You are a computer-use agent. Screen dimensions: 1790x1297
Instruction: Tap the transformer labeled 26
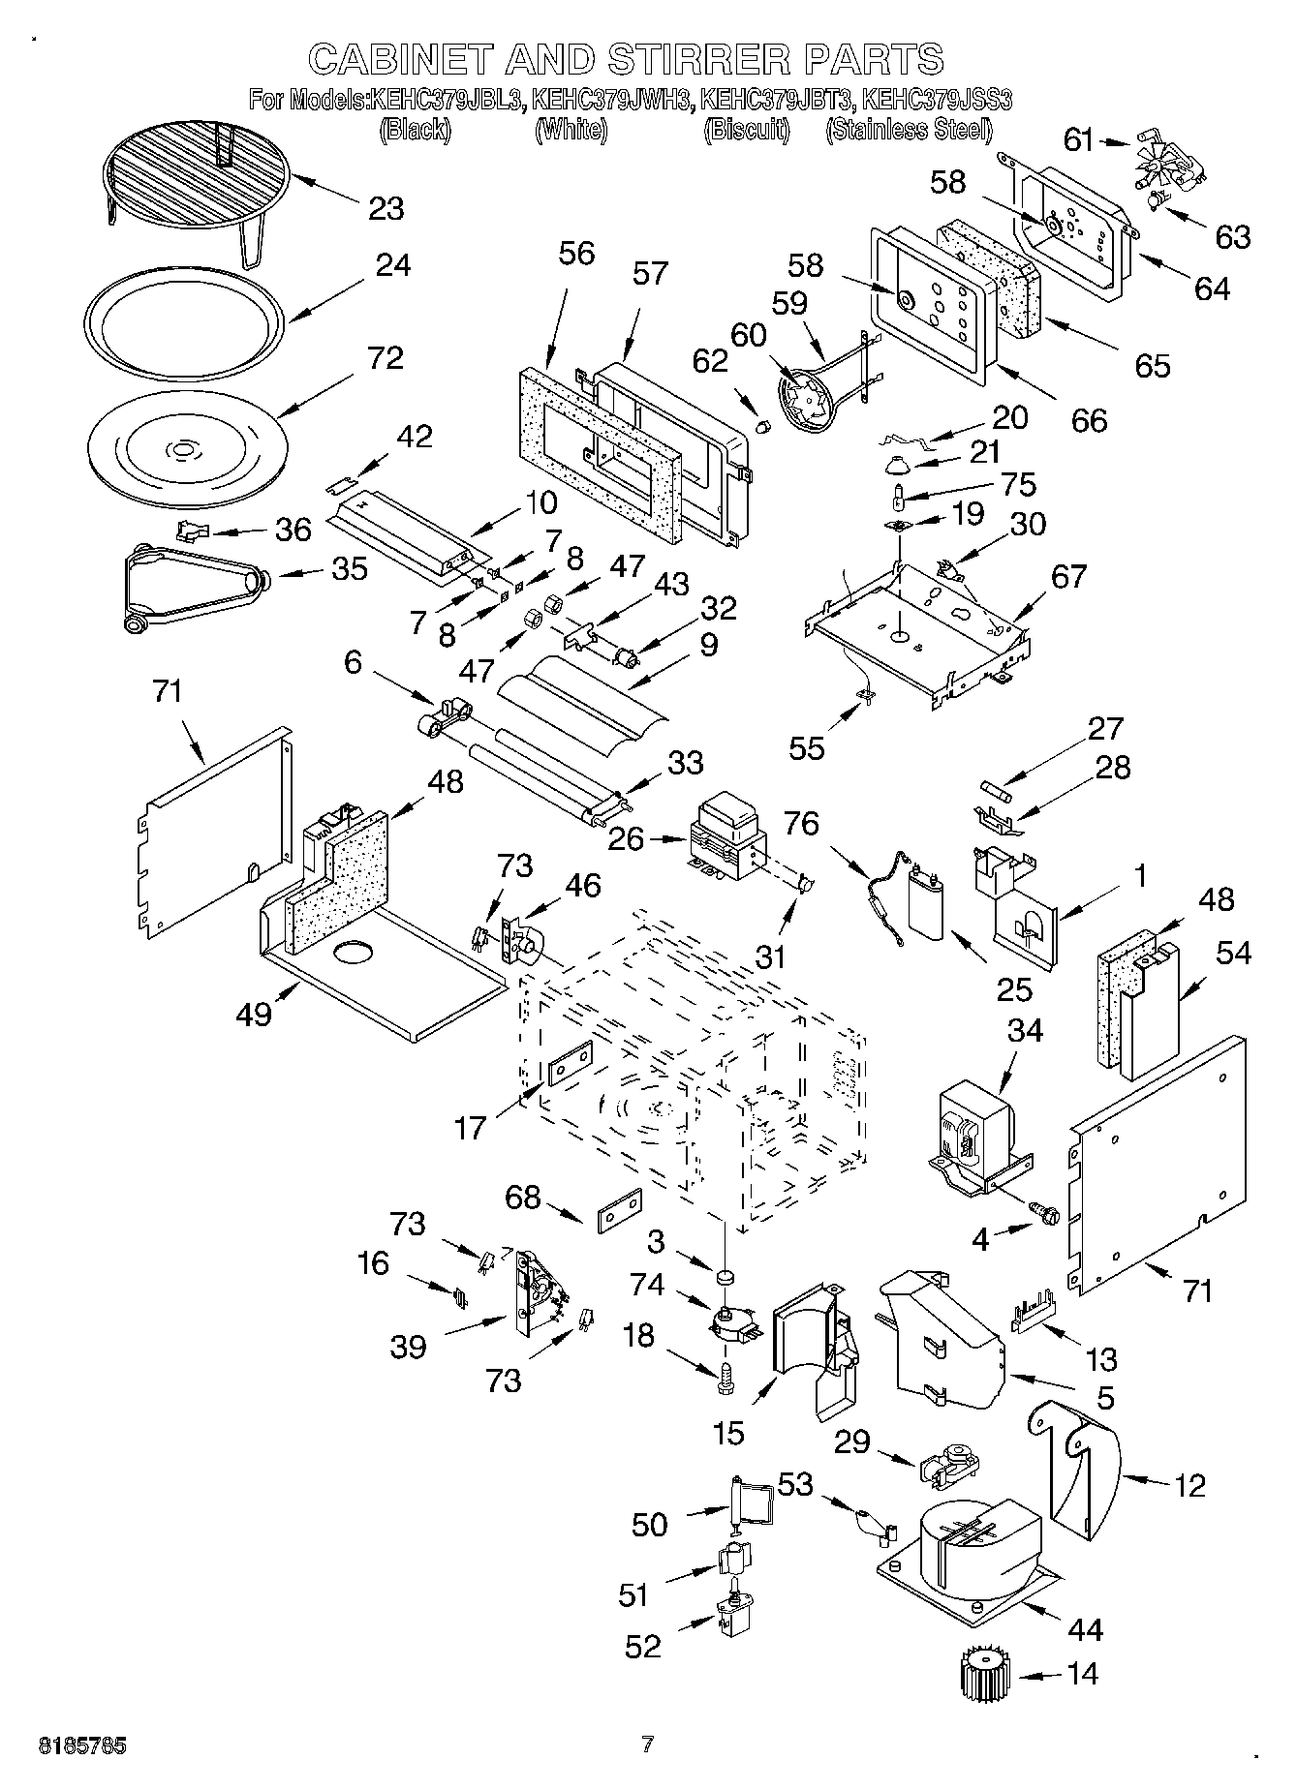(x=726, y=834)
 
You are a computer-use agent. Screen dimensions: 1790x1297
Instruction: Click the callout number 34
(x=1024, y=1031)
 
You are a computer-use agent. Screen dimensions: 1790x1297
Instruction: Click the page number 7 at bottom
(x=647, y=1744)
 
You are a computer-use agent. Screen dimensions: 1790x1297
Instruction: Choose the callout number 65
(x=1152, y=365)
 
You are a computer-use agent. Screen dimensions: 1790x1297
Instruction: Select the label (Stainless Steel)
(x=909, y=130)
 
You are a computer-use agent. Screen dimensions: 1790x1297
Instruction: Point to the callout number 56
(x=576, y=254)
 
